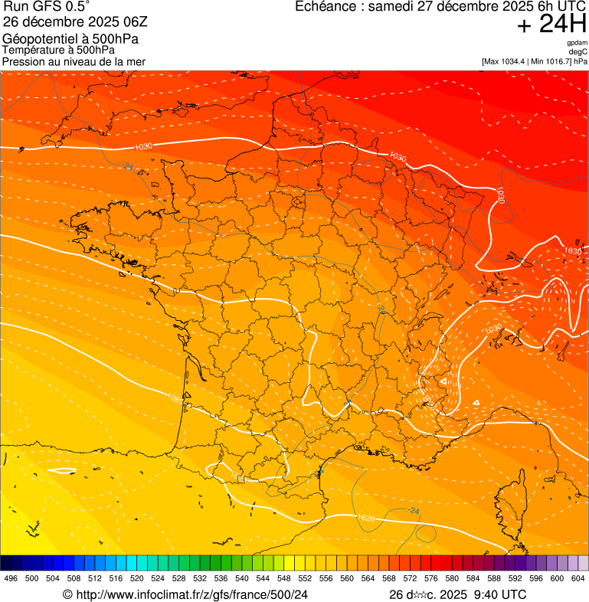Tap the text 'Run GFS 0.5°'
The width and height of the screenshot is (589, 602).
click(47, 8)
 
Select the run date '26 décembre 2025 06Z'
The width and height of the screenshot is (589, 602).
click(80, 22)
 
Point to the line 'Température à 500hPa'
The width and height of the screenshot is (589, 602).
click(58, 50)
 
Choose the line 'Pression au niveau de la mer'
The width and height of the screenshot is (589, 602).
click(74, 61)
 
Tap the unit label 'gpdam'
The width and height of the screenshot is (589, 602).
click(577, 43)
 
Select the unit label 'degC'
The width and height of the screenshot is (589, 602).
click(579, 51)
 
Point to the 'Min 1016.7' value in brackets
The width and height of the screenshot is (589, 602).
click(551, 61)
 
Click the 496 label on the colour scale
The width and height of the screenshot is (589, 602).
click(11, 578)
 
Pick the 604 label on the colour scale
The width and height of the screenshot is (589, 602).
click(578, 578)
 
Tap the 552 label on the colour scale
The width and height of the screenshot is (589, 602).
click(305, 578)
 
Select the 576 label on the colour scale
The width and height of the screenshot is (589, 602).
click(430, 578)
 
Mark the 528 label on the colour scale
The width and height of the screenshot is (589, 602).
click(178, 578)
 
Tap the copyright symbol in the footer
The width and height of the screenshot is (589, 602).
click(67, 594)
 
